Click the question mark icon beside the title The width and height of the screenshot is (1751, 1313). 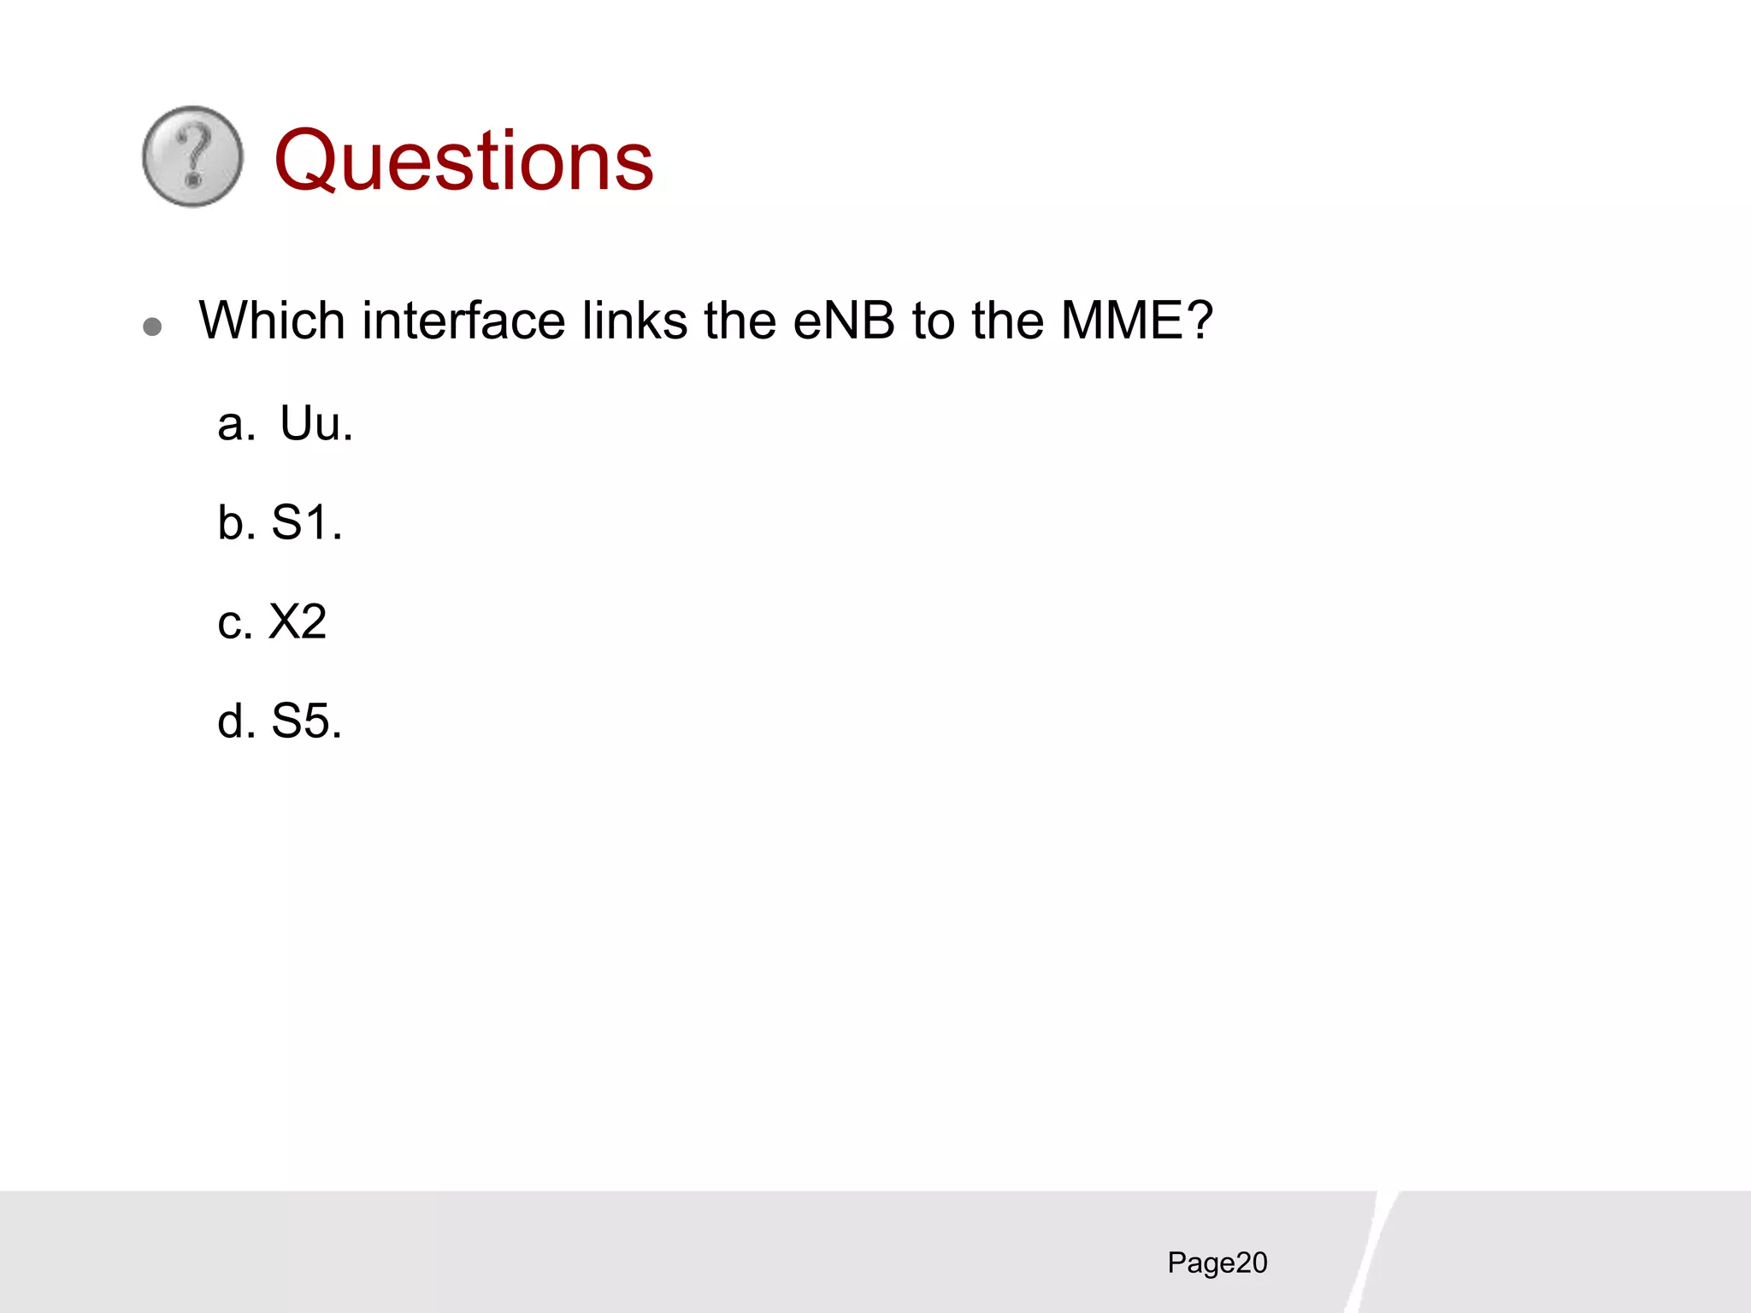point(192,156)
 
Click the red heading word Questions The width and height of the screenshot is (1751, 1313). point(463,161)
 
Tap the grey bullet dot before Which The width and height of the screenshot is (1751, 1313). point(153,327)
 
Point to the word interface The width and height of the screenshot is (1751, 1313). point(463,321)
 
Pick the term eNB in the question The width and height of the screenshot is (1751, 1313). point(844,321)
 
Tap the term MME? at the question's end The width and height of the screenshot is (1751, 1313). point(1136,321)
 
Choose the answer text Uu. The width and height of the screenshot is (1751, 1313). point(316,424)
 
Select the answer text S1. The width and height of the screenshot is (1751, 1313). point(306,522)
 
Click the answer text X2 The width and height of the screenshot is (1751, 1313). point(298,621)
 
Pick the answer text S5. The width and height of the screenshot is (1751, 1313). point(306,721)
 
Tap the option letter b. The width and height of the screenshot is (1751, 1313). point(235,522)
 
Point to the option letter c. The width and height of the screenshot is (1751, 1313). point(234,623)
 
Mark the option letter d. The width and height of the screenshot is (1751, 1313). point(235,721)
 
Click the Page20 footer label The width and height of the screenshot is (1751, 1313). point(1217,1263)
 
